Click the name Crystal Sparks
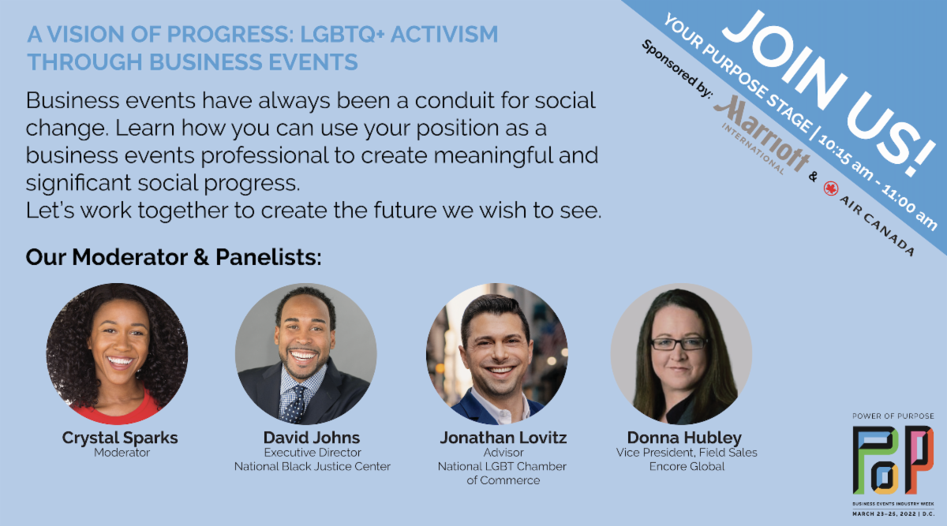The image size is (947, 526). (120, 438)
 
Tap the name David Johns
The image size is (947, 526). (312, 437)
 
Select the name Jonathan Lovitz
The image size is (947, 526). (503, 437)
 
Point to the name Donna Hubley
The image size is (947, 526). (684, 438)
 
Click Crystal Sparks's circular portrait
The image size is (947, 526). (117, 353)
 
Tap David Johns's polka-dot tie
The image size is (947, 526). (294, 405)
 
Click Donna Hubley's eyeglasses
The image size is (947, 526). (678, 344)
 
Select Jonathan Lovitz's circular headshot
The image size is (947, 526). (496, 353)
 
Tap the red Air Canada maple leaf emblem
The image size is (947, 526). (831, 188)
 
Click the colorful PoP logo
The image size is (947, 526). (893, 460)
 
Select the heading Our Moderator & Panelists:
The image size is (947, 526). (174, 257)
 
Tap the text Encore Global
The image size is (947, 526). (687, 466)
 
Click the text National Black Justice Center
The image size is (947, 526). (312, 466)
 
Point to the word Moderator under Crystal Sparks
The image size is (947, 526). (122, 453)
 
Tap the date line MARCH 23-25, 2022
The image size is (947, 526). (884, 514)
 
